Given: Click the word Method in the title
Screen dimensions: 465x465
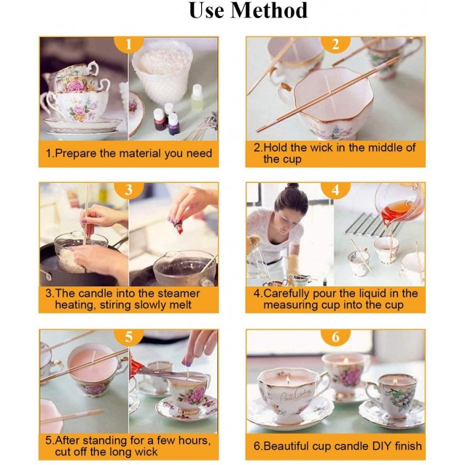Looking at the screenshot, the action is (x=269, y=11).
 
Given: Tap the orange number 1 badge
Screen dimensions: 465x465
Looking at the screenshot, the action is (x=128, y=44).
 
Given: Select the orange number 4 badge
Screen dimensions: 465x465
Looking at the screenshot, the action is (x=335, y=189).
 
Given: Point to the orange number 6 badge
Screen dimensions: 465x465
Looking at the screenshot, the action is (x=335, y=337).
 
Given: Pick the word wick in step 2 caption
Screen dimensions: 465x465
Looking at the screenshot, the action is (x=321, y=147).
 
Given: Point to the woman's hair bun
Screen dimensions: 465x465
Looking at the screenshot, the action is (x=292, y=186).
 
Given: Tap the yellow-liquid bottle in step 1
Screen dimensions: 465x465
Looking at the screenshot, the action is (x=198, y=98).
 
